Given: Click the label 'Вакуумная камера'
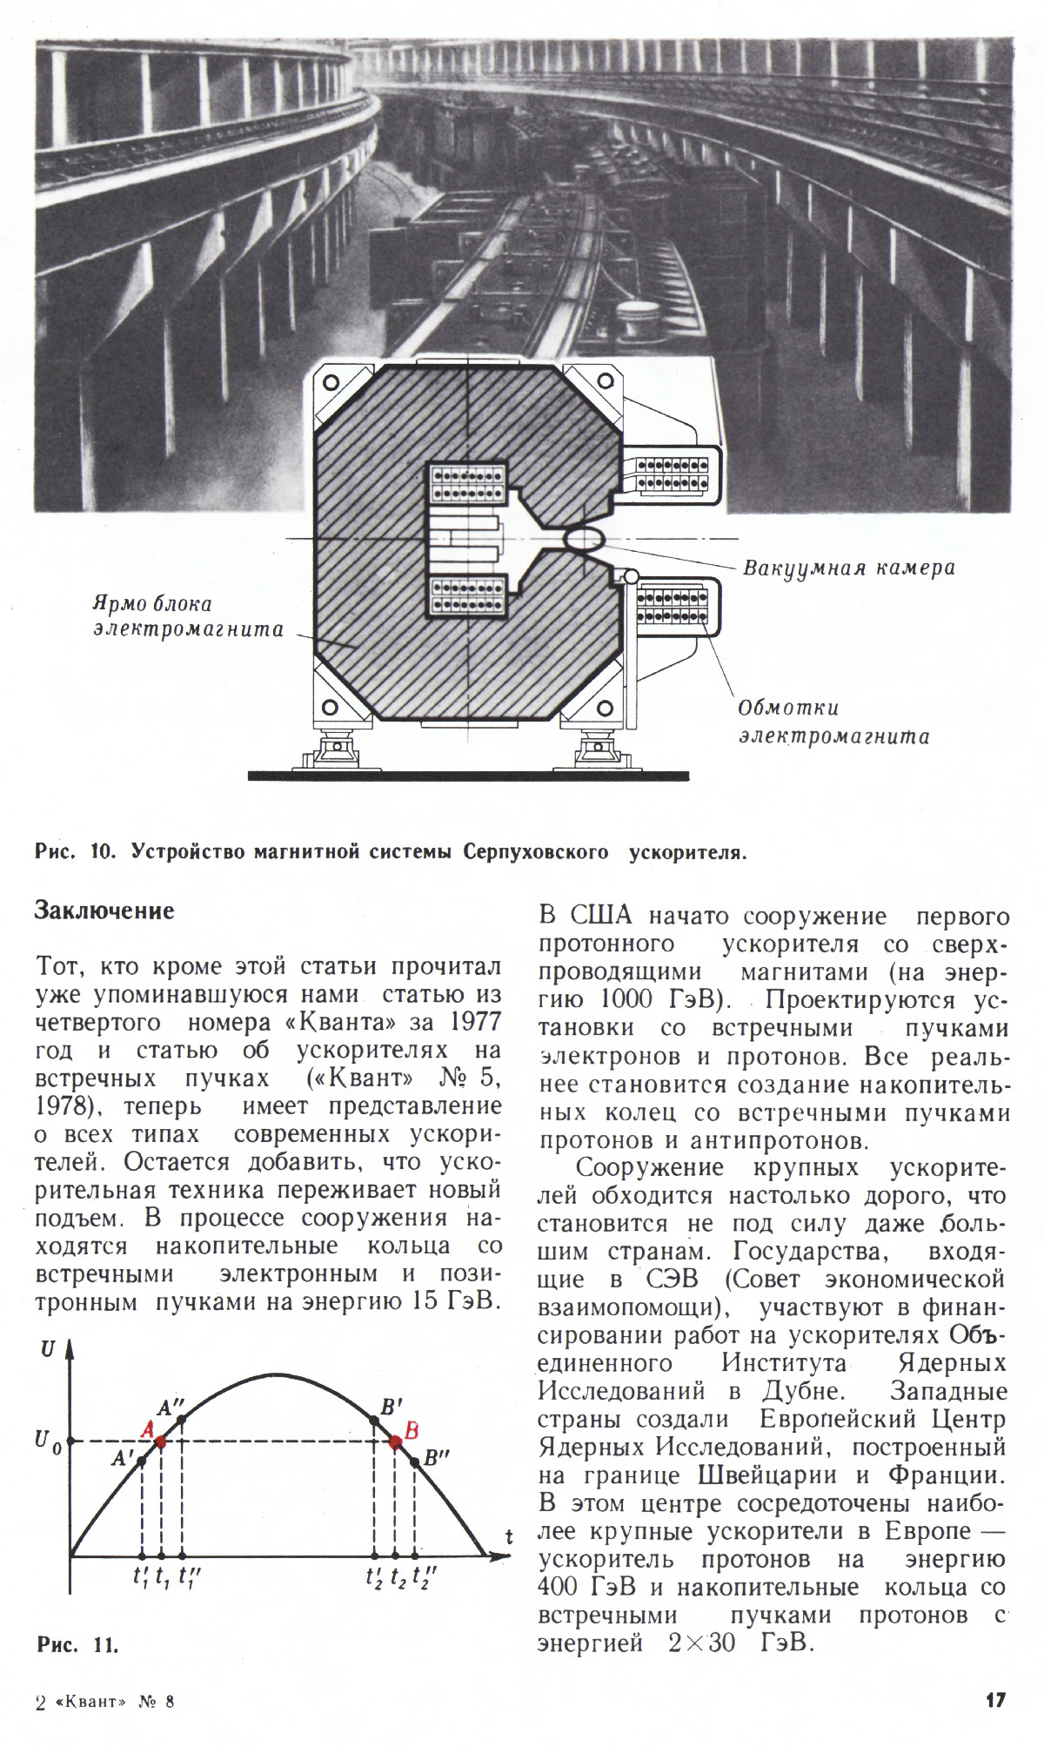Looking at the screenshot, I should [x=848, y=568].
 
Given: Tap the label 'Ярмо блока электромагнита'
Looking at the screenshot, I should [x=188, y=616].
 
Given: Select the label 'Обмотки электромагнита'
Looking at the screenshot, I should [x=833, y=722].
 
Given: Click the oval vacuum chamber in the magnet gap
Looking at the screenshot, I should [x=586, y=538].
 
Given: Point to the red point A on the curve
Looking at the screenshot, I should [x=161, y=1441].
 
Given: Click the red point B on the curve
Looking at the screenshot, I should [x=395, y=1441].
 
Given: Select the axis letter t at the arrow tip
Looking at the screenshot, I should [x=509, y=1537].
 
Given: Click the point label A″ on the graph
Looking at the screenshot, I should [x=171, y=1408].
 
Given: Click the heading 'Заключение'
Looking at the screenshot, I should [x=104, y=911].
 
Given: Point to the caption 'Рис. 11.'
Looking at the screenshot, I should [x=77, y=1644].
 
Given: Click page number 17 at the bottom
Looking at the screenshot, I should [x=996, y=1699].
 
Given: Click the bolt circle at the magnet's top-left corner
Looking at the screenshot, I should [x=331, y=383].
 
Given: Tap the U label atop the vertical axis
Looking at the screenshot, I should [x=49, y=1349].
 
